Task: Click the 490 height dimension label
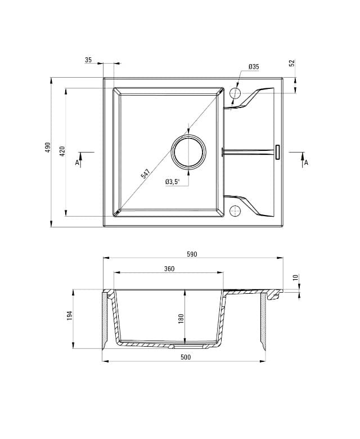[48, 147]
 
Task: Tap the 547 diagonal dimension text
[146, 174]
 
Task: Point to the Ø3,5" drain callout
[172, 182]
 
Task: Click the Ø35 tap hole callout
[254, 67]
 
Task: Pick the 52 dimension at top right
[292, 64]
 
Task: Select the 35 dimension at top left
[88, 60]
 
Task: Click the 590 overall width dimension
[192, 254]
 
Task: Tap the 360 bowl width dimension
[169, 269]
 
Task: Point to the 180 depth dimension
[181, 318]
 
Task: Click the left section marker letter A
[77, 163]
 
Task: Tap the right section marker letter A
[306, 163]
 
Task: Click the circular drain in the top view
[188, 152]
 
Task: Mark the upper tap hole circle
[235, 93]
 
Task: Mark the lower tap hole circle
[235, 211]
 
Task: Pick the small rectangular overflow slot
[277, 152]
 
